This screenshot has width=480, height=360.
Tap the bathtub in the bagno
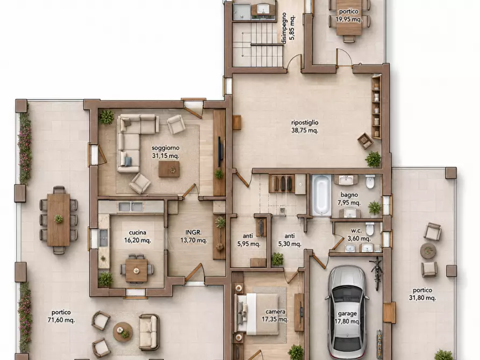(x=321, y=195)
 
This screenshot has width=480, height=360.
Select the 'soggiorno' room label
(x=166, y=148)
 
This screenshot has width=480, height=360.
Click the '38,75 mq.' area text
(x=305, y=131)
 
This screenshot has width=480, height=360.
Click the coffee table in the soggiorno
(x=169, y=169)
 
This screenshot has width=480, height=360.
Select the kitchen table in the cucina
(x=137, y=270)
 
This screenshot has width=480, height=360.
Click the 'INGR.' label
(x=194, y=233)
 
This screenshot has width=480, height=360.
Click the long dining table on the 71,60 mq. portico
(x=59, y=219)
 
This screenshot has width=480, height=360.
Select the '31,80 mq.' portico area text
(x=422, y=298)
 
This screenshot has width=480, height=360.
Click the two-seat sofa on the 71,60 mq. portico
(x=149, y=332)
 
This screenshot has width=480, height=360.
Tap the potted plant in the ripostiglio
(x=373, y=159)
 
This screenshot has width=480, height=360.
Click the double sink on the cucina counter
(x=131, y=207)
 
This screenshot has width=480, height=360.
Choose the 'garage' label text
(x=347, y=313)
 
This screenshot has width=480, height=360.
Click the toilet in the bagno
(x=370, y=182)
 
